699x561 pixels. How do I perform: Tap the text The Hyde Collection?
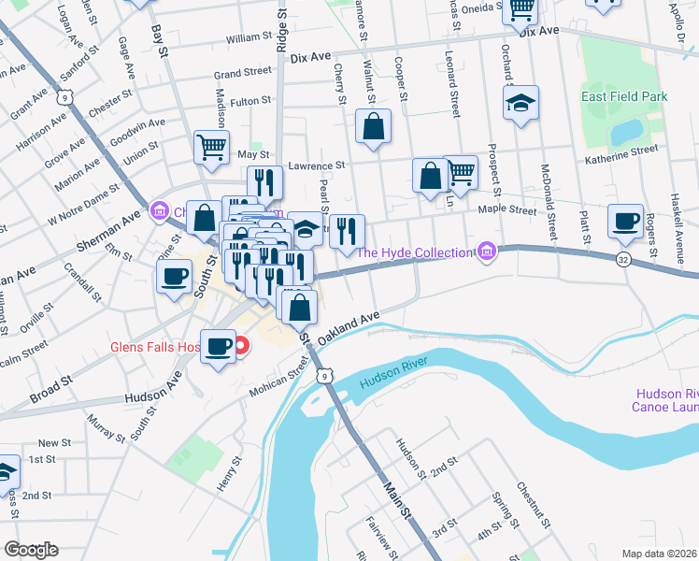(x=414, y=252)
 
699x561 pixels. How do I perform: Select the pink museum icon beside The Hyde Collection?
(x=485, y=251)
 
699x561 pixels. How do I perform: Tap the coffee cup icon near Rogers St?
(x=624, y=222)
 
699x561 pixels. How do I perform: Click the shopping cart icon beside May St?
(x=212, y=147)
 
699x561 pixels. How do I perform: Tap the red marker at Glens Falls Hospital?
(x=241, y=347)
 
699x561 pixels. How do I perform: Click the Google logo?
(x=31, y=550)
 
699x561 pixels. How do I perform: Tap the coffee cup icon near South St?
(x=175, y=278)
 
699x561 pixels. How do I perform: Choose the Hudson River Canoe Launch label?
(x=665, y=400)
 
